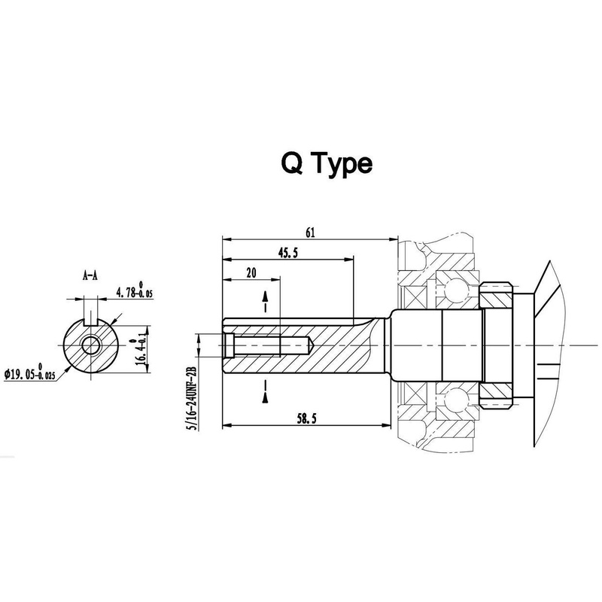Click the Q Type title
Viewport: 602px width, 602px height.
[x=327, y=164]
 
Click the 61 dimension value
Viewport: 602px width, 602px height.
[x=310, y=233]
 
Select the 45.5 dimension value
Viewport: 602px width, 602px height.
[x=288, y=253]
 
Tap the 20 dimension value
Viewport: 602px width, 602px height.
[x=251, y=273]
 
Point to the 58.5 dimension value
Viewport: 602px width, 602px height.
[x=306, y=418]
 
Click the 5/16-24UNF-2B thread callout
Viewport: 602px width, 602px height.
[x=192, y=398]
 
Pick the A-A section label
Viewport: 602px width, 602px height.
[x=90, y=275]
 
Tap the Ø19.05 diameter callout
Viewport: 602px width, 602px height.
[x=29, y=372]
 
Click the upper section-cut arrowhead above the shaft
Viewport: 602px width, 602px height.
[x=265, y=297]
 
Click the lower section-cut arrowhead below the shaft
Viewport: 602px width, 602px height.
[x=265, y=398]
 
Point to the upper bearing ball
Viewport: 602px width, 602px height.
[x=455, y=288]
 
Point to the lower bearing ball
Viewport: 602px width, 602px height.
[x=455, y=398]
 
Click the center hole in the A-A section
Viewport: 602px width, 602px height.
[x=90, y=345]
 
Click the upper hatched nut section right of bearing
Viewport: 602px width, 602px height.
[x=497, y=296]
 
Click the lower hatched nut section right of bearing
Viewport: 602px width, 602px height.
[x=497, y=396]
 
